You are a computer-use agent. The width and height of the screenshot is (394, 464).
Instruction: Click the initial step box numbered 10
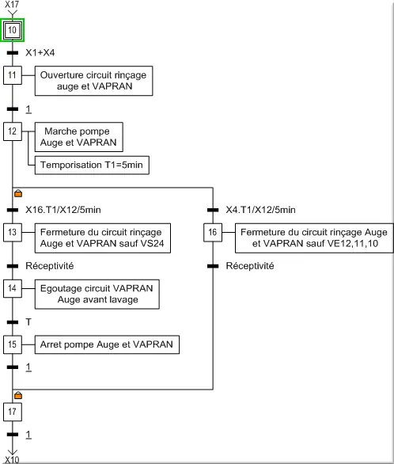pyautogui.click(x=12, y=30)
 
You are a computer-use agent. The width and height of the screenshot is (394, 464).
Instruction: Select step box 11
pyautogui.click(x=13, y=75)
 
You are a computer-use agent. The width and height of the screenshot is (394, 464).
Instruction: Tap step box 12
pyautogui.click(x=13, y=131)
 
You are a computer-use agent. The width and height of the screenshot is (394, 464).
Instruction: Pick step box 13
pyautogui.click(x=13, y=232)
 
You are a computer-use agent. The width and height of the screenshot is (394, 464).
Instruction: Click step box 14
pyautogui.click(x=13, y=288)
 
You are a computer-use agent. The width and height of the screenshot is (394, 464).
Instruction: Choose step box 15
pyautogui.click(x=13, y=344)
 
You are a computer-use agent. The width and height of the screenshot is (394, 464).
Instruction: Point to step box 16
pyautogui.click(x=213, y=232)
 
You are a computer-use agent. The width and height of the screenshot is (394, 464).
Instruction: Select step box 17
pyautogui.click(x=13, y=412)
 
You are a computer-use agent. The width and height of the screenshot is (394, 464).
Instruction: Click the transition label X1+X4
pyautogui.click(x=40, y=53)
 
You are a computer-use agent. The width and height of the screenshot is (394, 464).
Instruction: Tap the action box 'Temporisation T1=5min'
pyautogui.click(x=92, y=165)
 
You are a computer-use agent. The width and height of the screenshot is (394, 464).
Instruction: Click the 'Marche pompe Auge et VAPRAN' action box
pyautogui.click(x=79, y=137)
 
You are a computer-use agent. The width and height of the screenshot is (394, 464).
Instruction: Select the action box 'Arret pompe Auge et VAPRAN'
pyautogui.click(x=107, y=344)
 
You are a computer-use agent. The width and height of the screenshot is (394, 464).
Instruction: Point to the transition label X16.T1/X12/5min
pyautogui.click(x=63, y=210)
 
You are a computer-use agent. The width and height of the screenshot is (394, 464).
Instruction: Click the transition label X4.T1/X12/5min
pyautogui.click(x=261, y=210)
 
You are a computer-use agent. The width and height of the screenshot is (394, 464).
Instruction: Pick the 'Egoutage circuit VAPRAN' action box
pyautogui.click(x=97, y=294)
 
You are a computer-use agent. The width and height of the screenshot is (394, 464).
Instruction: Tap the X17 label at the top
pyautogui.click(x=12, y=4)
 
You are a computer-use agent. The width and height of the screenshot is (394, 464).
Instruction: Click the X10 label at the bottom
pyautogui.click(x=12, y=459)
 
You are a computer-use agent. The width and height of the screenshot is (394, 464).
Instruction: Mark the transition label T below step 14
pyautogui.click(x=28, y=322)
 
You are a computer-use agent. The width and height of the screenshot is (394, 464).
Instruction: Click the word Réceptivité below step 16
pyautogui.click(x=250, y=266)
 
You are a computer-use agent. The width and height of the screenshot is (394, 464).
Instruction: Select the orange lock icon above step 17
pyautogui.click(x=18, y=395)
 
